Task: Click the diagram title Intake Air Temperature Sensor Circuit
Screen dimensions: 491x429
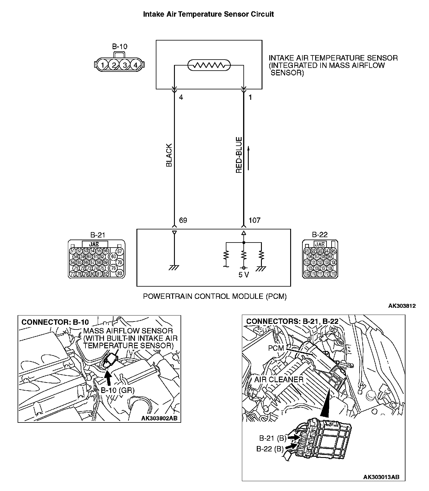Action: point(209,14)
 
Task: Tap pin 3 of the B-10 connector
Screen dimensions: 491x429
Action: point(125,65)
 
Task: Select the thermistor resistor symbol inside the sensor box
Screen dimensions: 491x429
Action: point(209,65)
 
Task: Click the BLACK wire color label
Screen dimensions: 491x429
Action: point(169,155)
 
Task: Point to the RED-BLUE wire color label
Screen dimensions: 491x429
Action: point(239,155)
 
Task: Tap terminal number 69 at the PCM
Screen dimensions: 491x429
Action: point(183,220)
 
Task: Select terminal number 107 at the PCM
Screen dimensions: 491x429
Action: point(254,220)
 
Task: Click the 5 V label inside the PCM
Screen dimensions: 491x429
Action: point(244,275)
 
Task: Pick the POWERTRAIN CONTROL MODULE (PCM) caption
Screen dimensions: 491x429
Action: point(215,296)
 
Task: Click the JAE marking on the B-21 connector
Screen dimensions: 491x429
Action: point(94,244)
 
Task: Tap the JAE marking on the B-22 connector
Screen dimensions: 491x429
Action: point(320,244)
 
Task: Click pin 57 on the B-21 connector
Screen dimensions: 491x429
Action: point(120,251)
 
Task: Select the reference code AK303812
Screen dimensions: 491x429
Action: point(402,306)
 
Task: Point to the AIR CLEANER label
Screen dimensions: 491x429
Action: point(279,380)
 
